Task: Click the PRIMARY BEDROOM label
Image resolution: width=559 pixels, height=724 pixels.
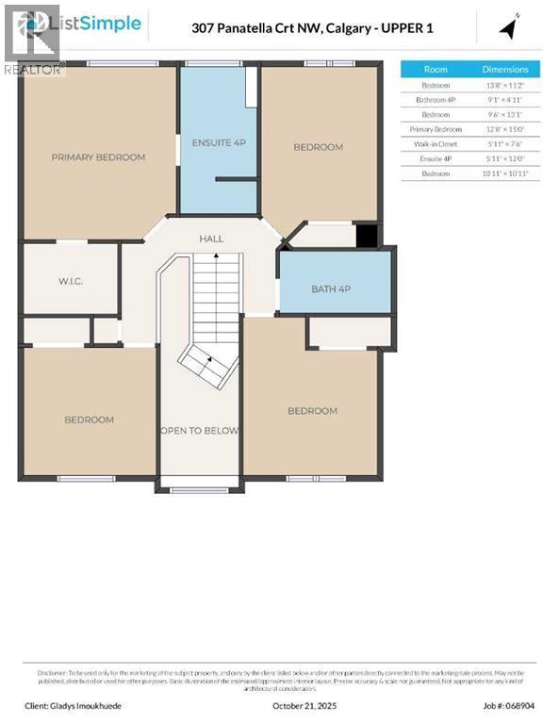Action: pyautogui.click(x=98, y=157)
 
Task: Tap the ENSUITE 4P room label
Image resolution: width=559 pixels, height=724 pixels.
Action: pyautogui.click(x=219, y=142)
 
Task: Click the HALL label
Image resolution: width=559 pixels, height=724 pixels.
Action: pyautogui.click(x=211, y=239)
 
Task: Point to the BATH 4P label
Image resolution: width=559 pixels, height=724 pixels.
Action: pyautogui.click(x=331, y=288)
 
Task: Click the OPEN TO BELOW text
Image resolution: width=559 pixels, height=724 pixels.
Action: pyautogui.click(x=199, y=431)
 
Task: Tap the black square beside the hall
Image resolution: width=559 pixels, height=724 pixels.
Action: pyautogui.click(x=367, y=236)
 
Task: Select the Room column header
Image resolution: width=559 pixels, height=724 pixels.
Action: pyautogui.click(x=436, y=70)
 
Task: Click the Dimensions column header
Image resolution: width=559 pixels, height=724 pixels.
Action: pyautogui.click(x=505, y=70)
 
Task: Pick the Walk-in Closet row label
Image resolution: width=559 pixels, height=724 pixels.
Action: pyautogui.click(x=436, y=144)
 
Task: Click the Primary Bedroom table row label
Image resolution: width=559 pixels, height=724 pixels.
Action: pyautogui.click(x=436, y=129)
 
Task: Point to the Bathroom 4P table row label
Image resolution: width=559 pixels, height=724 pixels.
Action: pyautogui.click(x=436, y=99)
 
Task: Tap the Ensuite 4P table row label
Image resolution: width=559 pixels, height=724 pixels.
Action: pyautogui.click(x=436, y=159)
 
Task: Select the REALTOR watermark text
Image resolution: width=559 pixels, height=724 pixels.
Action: pyautogui.click(x=33, y=69)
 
